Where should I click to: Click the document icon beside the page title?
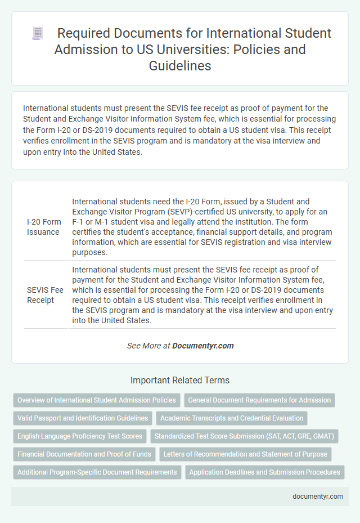click(38, 34)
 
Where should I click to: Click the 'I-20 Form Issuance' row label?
click(44, 227)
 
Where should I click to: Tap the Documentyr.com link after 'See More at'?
click(203, 346)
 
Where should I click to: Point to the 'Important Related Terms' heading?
click(179, 380)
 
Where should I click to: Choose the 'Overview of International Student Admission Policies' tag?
click(97, 400)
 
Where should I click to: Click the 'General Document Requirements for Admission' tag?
click(259, 400)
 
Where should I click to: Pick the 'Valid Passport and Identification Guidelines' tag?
click(83, 418)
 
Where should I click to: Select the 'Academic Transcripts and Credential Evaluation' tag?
click(231, 418)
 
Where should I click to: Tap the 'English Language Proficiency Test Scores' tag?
click(79, 436)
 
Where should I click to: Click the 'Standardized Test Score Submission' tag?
click(244, 436)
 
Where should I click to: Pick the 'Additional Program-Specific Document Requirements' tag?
click(97, 472)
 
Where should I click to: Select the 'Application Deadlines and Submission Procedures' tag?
click(264, 472)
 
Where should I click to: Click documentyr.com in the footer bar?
click(317, 497)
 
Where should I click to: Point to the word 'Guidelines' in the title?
click(179, 65)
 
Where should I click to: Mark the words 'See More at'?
click(148, 346)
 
